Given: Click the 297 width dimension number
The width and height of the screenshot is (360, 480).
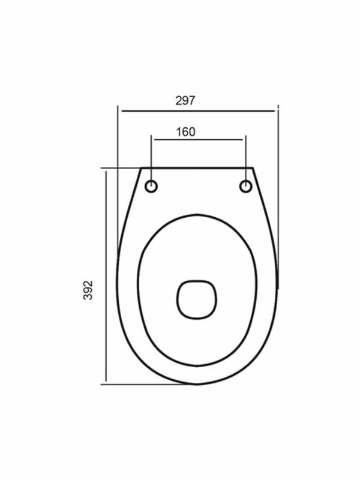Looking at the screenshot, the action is click(x=185, y=100).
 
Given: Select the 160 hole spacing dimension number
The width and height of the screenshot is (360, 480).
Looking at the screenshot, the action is click(x=185, y=132).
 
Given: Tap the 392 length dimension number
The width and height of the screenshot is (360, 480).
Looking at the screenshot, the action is click(x=88, y=290).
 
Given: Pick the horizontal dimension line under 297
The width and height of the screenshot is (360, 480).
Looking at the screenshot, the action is click(x=199, y=111).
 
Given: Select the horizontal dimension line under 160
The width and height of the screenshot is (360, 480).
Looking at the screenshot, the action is click(x=199, y=140).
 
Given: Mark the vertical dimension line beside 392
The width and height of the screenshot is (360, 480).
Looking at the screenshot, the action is click(x=106, y=277).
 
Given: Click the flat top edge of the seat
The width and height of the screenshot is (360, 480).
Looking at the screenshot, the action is click(x=197, y=168).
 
